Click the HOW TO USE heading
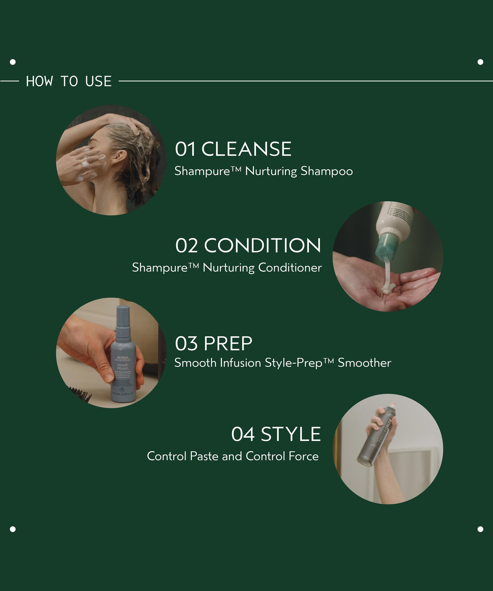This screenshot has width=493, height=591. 69,81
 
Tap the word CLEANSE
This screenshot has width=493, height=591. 246,149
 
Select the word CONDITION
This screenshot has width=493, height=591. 262,245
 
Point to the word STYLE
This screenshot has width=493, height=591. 290,434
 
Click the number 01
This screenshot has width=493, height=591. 185,149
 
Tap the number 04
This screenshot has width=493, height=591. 243,434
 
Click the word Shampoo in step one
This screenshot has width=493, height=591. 327,171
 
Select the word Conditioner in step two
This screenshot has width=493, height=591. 290,268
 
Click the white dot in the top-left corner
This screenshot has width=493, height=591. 13,62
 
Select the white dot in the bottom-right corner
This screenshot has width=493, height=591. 480,529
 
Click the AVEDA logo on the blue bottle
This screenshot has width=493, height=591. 122,358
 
